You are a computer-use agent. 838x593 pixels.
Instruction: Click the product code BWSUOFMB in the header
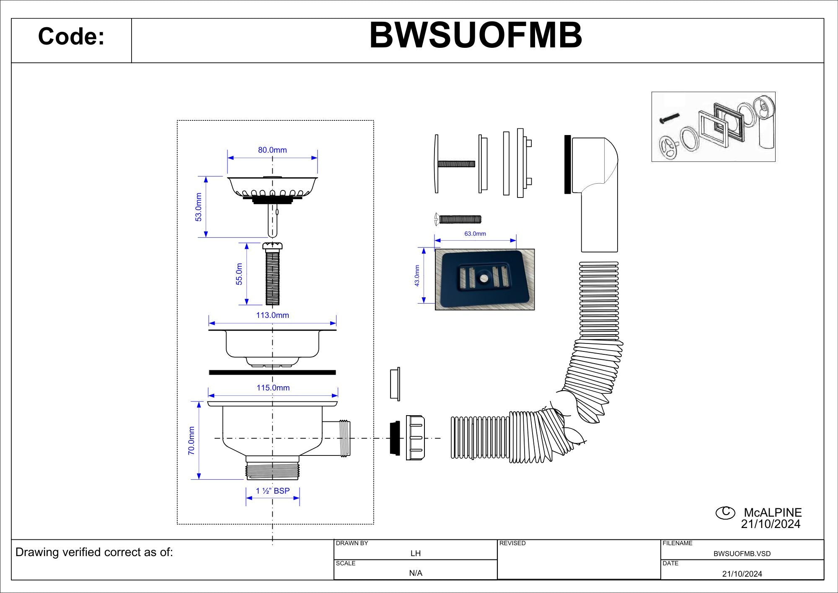tap(476, 35)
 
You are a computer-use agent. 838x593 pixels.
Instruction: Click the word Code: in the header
tap(71, 36)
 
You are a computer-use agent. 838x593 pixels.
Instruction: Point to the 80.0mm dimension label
tap(272, 150)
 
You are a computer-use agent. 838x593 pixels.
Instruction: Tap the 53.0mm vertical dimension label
tap(199, 207)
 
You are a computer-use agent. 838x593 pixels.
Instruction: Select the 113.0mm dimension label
tap(272, 315)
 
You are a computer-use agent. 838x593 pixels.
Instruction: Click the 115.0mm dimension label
tap(273, 388)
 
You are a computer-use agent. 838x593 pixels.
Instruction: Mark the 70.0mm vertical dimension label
tap(191, 441)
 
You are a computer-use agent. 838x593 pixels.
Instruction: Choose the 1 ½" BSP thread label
tap(273, 491)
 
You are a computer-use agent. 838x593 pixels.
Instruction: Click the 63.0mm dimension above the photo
tap(475, 234)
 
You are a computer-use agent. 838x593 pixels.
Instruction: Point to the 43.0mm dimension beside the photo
tap(417, 276)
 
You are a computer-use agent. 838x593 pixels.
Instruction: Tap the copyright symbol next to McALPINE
tap(725, 512)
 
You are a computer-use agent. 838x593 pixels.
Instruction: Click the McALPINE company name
tap(773, 512)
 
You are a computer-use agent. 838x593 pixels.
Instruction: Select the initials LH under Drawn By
tap(415, 554)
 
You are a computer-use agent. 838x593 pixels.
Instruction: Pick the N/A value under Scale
tap(415, 573)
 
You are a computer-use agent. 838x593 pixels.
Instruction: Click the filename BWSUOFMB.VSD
tap(742, 554)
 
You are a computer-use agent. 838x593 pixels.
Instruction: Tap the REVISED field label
tap(512, 544)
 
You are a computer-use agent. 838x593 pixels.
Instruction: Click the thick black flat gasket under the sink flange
tap(272, 372)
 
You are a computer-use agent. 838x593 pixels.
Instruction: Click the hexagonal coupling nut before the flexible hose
tap(415, 437)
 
